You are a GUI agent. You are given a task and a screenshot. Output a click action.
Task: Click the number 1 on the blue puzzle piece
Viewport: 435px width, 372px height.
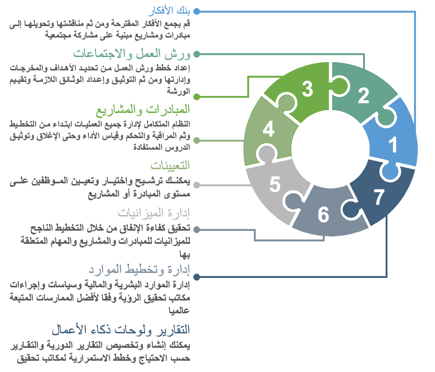point(393,145)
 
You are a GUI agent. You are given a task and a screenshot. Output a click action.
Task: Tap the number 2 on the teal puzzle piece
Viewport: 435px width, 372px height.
point(364,96)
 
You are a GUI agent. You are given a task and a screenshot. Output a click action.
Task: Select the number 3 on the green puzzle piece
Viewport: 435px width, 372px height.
point(307,89)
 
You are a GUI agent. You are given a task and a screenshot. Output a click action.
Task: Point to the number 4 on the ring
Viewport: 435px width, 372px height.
point(269,129)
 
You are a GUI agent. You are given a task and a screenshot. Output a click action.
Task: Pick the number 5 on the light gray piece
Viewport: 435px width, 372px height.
point(275,184)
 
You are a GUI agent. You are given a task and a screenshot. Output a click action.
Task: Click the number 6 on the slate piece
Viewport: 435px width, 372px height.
point(323,214)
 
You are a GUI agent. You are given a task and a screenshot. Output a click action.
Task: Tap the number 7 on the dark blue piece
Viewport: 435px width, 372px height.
point(379,197)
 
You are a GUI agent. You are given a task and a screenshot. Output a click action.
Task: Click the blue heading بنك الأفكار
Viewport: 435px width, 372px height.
point(169,11)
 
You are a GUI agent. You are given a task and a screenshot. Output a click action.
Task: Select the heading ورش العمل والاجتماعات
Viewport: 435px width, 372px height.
point(132,54)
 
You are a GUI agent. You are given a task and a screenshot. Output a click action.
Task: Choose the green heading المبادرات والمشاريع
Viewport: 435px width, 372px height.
point(143,110)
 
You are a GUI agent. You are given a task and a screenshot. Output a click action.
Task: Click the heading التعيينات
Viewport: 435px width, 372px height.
point(170,165)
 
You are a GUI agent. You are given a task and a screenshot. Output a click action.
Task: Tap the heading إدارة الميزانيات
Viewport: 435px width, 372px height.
point(154,213)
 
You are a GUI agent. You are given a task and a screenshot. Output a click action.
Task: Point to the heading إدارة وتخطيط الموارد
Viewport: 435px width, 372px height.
point(139,270)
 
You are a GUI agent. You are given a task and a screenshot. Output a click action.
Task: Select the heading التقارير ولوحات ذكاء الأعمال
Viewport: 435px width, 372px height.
point(121,330)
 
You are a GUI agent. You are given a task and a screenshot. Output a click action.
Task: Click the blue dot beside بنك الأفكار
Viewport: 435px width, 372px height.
point(197,12)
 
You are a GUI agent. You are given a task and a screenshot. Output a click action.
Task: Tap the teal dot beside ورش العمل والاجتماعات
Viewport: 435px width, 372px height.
point(197,54)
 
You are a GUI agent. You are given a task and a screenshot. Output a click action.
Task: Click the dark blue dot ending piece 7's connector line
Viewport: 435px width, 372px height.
point(197,277)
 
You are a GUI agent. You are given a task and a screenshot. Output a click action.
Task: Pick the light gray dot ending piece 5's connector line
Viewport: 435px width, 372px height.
point(197,185)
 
